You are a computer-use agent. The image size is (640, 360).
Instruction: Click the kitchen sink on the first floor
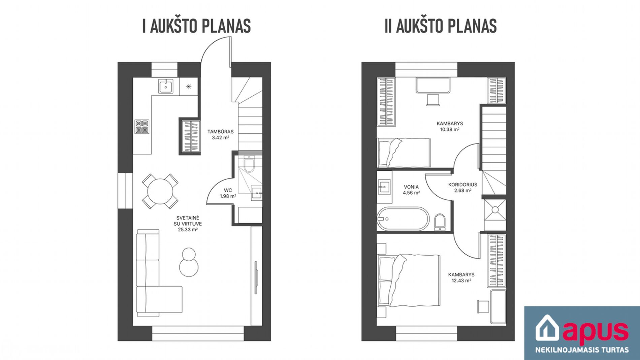pyautogui.click(x=166, y=86)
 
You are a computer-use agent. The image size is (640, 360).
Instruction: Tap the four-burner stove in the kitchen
pyautogui.click(x=142, y=127)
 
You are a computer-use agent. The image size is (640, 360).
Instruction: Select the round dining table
pyautogui.click(x=160, y=191)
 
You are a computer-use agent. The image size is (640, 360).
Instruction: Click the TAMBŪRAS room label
pyautogui.click(x=221, y=132)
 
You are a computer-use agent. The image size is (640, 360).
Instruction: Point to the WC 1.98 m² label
pyautogui.click(x=228, y=193)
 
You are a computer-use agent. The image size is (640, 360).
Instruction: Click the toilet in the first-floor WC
pyautogui.click(x=250, y=164)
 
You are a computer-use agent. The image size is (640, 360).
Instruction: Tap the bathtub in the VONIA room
pyautogui.click(x=403, y=219)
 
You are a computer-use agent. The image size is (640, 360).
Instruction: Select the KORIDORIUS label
pyautogui.click(x=463, y=185)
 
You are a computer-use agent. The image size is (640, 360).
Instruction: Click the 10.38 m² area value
pyautogui.click(x=450, y=129)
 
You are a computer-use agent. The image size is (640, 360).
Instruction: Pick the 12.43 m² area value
pyautogui.click(x=461, y=281)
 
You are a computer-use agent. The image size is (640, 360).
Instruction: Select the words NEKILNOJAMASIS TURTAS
pyautogui.click(x=582, y=350)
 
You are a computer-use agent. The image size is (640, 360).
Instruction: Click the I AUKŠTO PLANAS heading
pyautogui.click(x=197, y=26)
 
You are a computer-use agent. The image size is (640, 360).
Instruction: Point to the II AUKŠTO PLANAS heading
pyautogui.click(x=441, y=26)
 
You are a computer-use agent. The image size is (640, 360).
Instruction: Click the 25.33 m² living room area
pyautogui.click(x=188, y=230)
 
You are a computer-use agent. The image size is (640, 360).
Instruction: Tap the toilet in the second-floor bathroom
pyautogui.click(x=440, y=222)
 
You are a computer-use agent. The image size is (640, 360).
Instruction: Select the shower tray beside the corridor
pyautogui.click(x=495, y=209)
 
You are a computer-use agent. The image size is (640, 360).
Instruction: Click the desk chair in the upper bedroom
pyautogui.click(x=433, y=100)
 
